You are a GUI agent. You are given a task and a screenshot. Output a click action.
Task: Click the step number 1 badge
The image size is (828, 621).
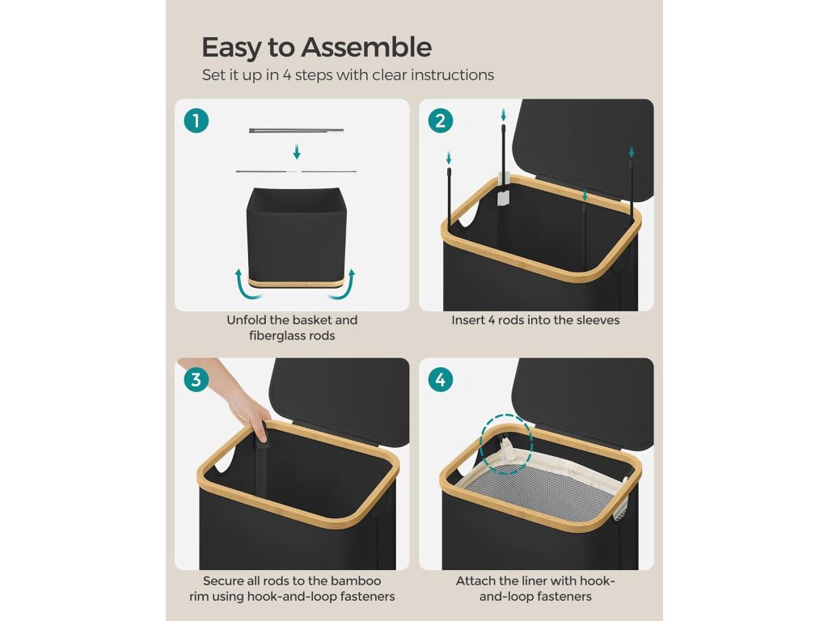pos(196,121)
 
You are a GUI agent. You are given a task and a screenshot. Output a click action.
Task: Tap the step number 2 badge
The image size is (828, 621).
pos(441,121)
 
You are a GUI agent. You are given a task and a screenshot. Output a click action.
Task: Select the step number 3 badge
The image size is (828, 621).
pos(196,380)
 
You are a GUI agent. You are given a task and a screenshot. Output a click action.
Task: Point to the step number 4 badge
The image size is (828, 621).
pos(441,380)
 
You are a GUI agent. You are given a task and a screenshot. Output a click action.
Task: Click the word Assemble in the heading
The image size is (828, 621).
pos(366,47)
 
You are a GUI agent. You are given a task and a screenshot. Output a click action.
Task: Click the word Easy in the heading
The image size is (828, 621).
pos(232,48)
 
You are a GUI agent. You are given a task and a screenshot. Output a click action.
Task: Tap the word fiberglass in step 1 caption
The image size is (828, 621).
pos(274,336)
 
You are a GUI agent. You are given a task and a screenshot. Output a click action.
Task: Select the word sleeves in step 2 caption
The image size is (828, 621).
pos(598,320)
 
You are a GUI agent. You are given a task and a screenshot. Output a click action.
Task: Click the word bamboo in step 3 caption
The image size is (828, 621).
pos(356,581)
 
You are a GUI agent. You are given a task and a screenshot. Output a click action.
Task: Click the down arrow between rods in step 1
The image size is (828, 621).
pos(297,151)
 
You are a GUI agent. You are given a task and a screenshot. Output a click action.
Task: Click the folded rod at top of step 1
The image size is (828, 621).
pos(296,129)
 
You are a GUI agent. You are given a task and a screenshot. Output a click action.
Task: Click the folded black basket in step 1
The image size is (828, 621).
pos(296,235)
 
